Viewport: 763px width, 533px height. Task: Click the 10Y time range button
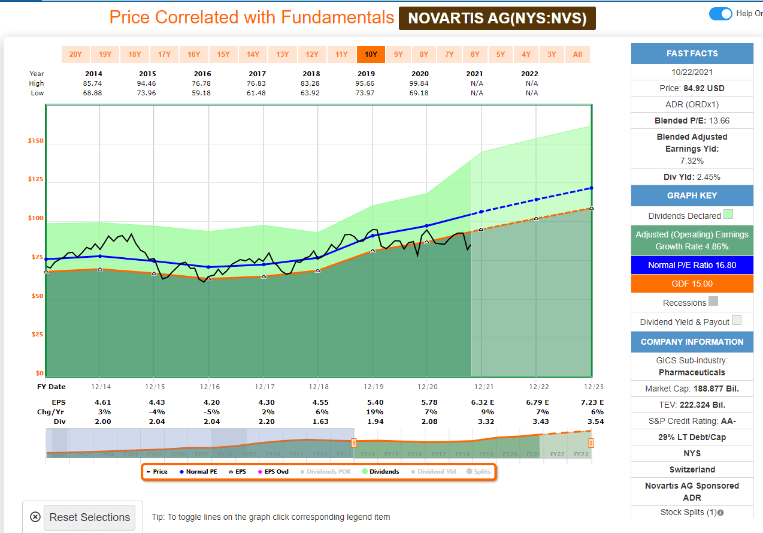pos(371,55)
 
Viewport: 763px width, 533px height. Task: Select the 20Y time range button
pos(75,55)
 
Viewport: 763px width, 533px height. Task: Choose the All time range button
pos(577,55)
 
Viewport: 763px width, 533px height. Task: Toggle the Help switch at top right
pos(720,14)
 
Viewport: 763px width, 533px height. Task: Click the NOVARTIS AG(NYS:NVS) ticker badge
pos(497,19)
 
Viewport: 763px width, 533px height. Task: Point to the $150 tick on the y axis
pos(35,141)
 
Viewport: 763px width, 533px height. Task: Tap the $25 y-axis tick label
pos(37,334)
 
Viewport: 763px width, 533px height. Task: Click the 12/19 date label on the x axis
pos(372,387)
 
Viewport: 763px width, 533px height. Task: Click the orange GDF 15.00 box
pos(692,284)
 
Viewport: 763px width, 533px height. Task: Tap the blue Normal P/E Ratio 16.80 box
pos(692,265)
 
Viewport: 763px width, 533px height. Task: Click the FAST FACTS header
pos(692,53)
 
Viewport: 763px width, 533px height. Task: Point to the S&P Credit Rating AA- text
pos(692,421)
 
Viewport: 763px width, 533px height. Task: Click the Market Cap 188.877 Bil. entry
pos(692,389)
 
